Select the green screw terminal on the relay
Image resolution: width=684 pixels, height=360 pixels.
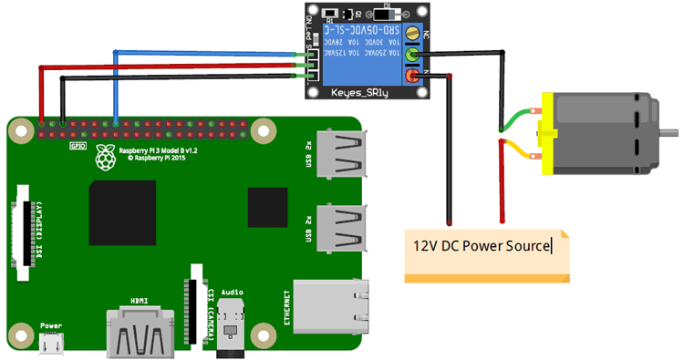point(414,56)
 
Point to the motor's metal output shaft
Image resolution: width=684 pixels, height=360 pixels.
point(672,135)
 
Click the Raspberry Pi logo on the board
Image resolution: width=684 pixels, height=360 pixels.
point(108,157)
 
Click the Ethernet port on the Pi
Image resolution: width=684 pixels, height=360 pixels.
point(332,306)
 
